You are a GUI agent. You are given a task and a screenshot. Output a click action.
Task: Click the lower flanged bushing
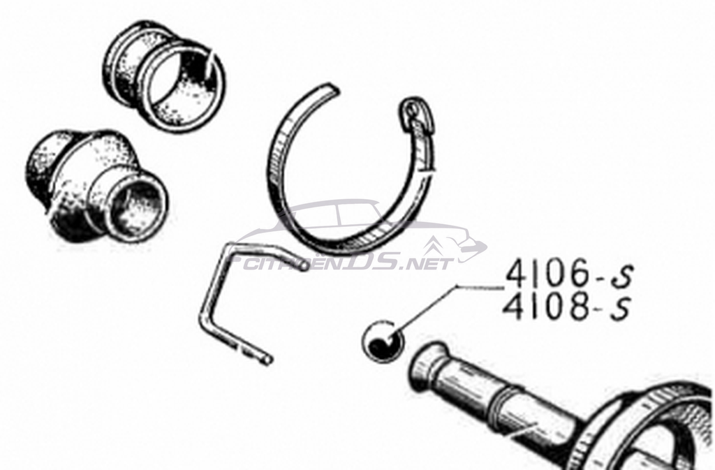click(x=96, y=187)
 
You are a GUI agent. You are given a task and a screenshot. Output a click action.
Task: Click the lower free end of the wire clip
click(x=267, y=360)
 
